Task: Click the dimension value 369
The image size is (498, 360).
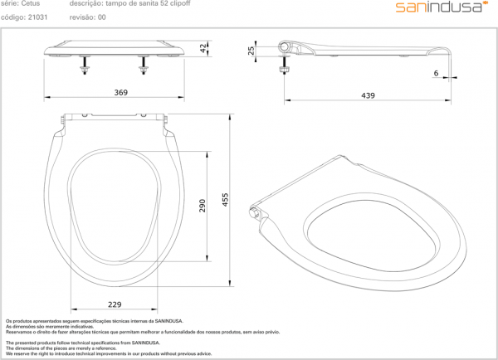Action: (120, 93)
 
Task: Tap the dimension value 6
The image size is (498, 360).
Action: (435, 74)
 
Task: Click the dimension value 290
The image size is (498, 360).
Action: (202, 206)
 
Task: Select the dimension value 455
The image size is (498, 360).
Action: (224, 200)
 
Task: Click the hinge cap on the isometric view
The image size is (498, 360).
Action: (256, 214)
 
